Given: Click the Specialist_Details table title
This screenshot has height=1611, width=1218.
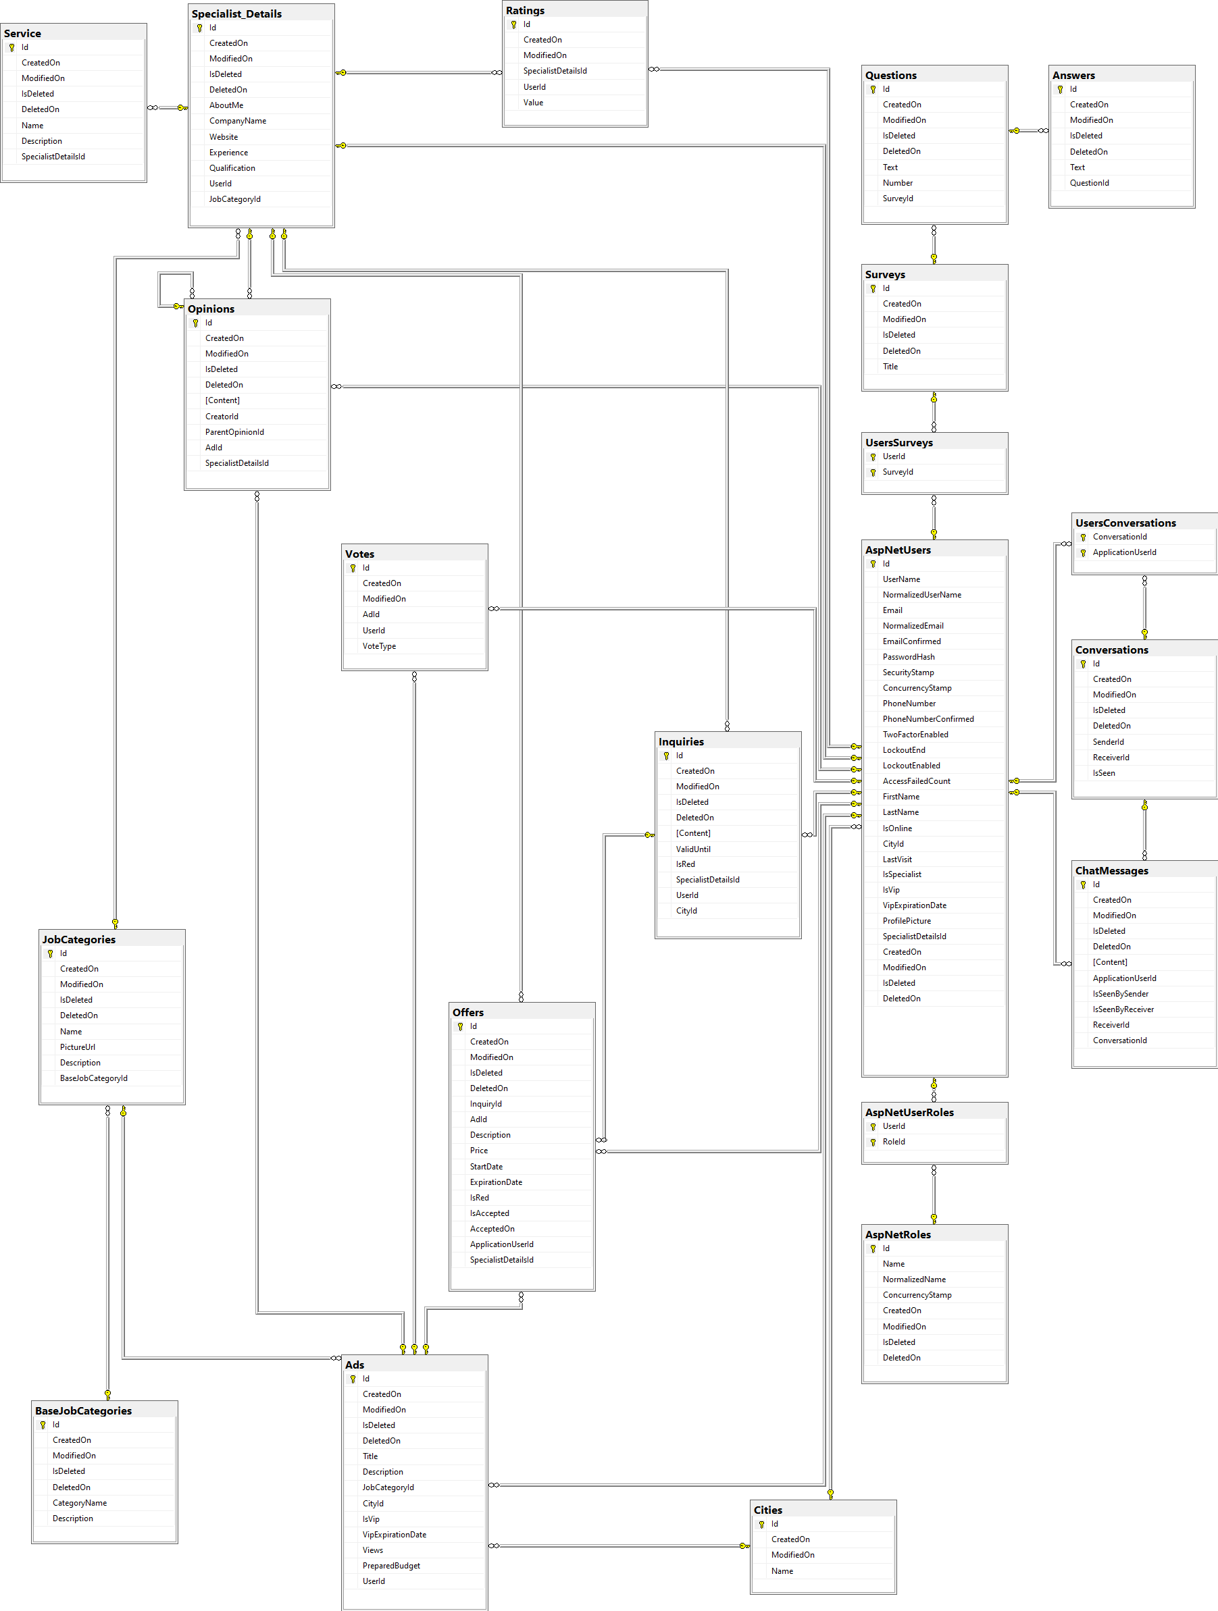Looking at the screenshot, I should tap(236, 14).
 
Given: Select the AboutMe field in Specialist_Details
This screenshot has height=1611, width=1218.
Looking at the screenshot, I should tap(226, 105).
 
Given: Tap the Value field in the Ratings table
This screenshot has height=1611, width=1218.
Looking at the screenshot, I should tap(533, 103).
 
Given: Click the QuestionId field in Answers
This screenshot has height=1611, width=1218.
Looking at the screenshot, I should tap(1089, 183).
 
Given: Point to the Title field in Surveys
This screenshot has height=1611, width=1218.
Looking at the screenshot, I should tap(890, 367).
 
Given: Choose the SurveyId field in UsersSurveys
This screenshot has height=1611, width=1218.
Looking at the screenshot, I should tap(898, 472).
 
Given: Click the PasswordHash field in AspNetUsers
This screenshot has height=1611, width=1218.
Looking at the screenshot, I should tap(909, 657).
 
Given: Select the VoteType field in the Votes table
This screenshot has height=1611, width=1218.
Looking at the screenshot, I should tap(380, 646).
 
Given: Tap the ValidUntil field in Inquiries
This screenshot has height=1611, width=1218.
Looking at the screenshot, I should tap(693, 849).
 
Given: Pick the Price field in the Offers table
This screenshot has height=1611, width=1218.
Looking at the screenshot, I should tap(478, 1151).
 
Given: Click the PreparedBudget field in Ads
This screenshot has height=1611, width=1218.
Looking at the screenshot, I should tap(391, 1566).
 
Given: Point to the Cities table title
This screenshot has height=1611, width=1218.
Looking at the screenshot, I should tap(768, 1510).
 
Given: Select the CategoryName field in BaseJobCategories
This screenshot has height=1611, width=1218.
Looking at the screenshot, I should tap(80, 1502).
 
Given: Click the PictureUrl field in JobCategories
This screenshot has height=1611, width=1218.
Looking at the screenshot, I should tap(77, 1047).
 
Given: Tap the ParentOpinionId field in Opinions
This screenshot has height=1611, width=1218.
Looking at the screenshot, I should tap(234, 432).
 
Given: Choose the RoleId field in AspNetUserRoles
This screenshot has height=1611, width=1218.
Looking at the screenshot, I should tap(894, 1142).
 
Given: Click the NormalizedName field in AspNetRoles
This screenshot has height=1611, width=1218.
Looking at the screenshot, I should tap(914, 1279).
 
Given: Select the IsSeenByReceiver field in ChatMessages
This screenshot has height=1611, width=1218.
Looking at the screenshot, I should tap(1123, 1009).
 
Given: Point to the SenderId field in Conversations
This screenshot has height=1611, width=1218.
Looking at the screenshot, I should tap(1108, 742).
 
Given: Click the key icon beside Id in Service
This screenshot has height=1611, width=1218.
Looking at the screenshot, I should tap(11, 47).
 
